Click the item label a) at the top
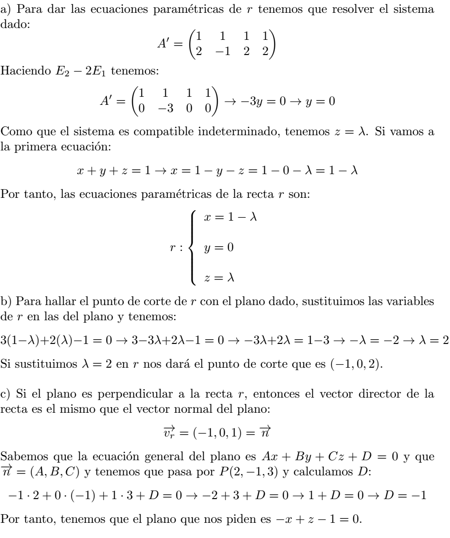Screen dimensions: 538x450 click(x=7, y=9)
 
